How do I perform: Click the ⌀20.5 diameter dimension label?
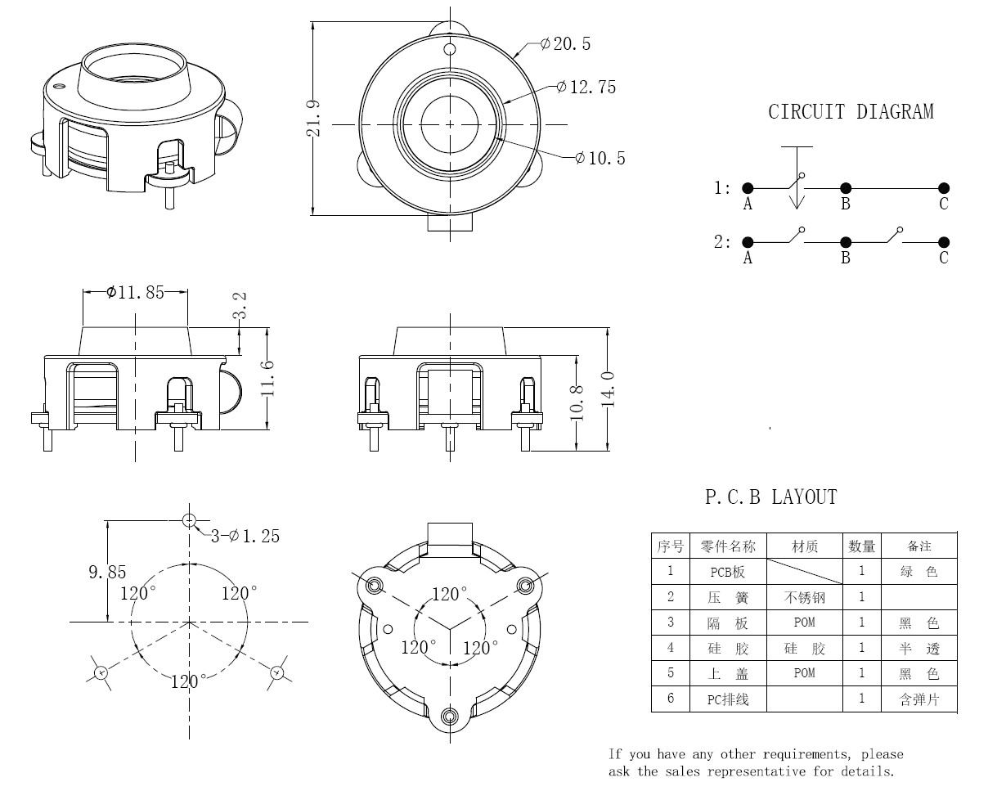click(x=566, y=44)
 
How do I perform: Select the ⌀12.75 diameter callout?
click(x=587, y=87)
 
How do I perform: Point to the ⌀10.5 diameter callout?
click(x=601, y=158)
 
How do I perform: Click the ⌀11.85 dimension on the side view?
click(x=136, y=292)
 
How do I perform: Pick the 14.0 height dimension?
click(x=608, y=388)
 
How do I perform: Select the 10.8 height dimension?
click(x=578, y=402)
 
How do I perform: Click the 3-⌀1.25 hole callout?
click(x=245, y=536)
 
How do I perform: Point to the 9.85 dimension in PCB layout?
click(x=108, y=573)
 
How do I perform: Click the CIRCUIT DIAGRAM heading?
click(x=851, y=112)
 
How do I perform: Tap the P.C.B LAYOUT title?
click(x=771, y=497)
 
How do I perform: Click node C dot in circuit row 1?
click(x=944, y=188)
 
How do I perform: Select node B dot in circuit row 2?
click(x=846, y=242)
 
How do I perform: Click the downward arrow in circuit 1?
click(x=797, y=200)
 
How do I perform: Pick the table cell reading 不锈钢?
click(x=804, y=597)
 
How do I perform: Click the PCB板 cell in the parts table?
click(x=728, y=572)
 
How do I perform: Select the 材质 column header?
click(x=804, y=546)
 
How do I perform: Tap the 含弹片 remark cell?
click(x=918, y=699)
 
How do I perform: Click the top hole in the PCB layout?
click(x=190, y=519)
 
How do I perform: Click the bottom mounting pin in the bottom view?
click(x=449, y=717)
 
